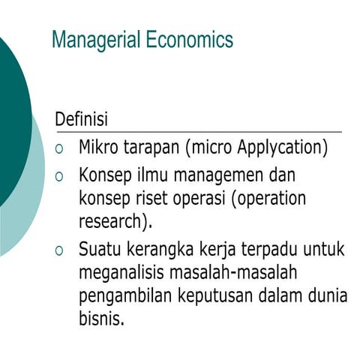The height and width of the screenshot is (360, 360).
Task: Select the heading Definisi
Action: pyautogui.click(x=81, y=119)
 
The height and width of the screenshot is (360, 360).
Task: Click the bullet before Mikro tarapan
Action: pyautogui.click(x=61, y=148)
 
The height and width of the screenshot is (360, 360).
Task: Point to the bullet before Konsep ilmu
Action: pyautogui.click(x=61, y=177)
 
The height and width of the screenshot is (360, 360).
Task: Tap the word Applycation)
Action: pyautogui.click(x=283, y=147)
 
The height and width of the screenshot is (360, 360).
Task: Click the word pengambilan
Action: pyautogui.click(x=125, y=295)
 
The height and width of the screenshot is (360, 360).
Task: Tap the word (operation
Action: pyautogui.click(x=269, y=199)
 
